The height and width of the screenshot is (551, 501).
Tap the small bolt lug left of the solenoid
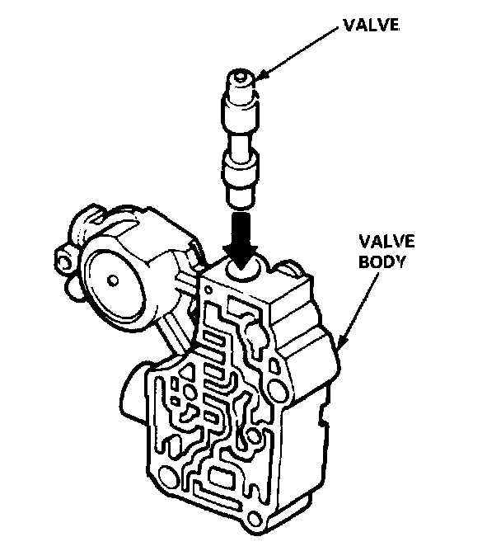coord(63,261)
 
